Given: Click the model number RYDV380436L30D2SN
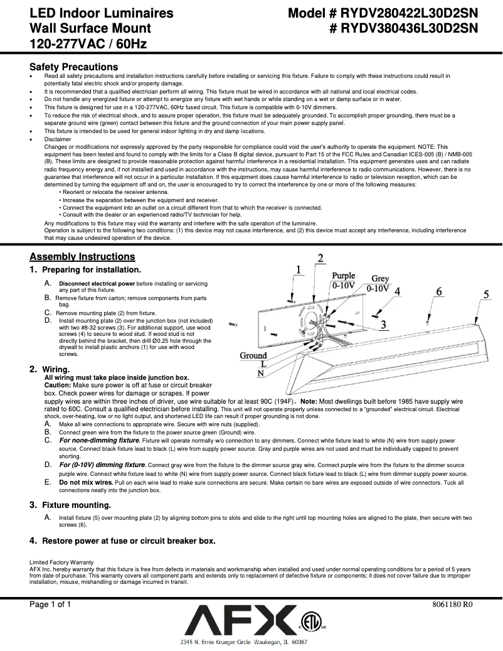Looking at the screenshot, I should pyautogui.click(x=408, y=28).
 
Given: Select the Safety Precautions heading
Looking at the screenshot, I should pyautogui.click(x=73, y=67).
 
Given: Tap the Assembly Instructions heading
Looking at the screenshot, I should pyautogui.click(x=82, y=257).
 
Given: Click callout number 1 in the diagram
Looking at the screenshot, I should pyautogui.click(x=299, y=269).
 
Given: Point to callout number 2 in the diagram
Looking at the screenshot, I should pyautogui.click(x=320, y=258).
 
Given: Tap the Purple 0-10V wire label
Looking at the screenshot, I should pyautogui.click(x=343, y=280).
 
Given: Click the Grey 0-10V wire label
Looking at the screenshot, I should pyautogui.click(x=379, y=284).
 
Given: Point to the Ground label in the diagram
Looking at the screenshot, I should pyautogui.click(x=253, y=355).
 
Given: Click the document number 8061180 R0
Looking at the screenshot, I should pyautogui.click(x=452, y=605).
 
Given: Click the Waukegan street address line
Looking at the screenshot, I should pyautogui.click(x=243, y=643).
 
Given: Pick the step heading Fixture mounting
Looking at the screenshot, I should pyautogui.click(x=76, y=505).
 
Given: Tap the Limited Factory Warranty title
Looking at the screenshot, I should pyautogui.click(x=61, y=562).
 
